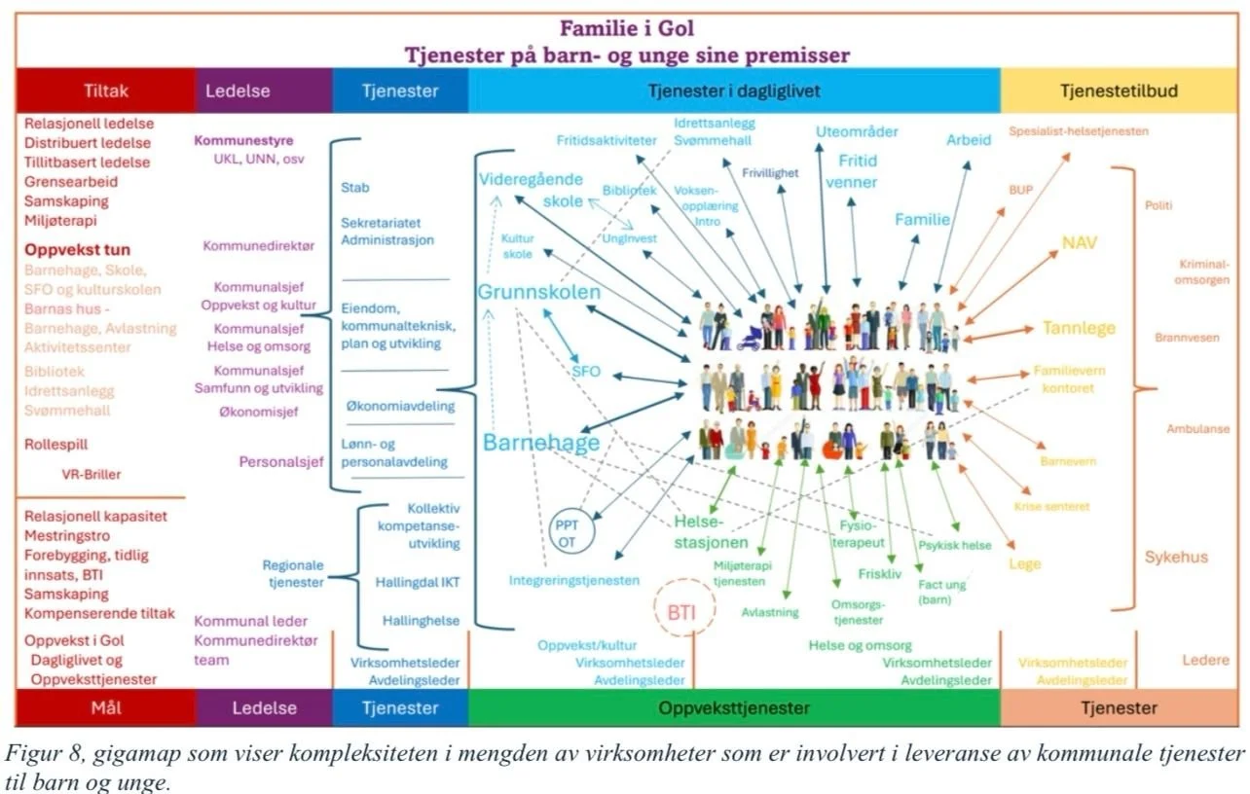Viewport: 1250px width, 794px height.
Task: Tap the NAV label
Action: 1079,242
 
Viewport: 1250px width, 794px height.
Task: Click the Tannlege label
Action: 1079,328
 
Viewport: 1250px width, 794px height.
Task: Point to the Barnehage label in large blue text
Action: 541,443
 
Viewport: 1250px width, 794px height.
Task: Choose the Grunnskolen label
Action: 538,291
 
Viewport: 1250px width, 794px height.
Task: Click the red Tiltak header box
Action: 105,91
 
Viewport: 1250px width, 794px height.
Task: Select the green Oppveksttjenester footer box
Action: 734,708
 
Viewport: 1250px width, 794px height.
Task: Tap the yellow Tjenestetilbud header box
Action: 1119,91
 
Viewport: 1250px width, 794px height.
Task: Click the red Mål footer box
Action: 105,708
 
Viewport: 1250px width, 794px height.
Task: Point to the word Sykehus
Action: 1176,558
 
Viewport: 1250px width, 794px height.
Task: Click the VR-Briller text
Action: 92,475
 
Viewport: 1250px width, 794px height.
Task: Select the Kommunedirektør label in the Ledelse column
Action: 259,246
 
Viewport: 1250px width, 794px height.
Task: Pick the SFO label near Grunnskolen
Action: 586,371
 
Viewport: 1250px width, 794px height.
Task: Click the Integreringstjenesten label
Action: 574,581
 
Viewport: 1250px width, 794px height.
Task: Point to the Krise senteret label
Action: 1051,507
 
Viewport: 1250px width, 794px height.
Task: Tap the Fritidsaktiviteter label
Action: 607,140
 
